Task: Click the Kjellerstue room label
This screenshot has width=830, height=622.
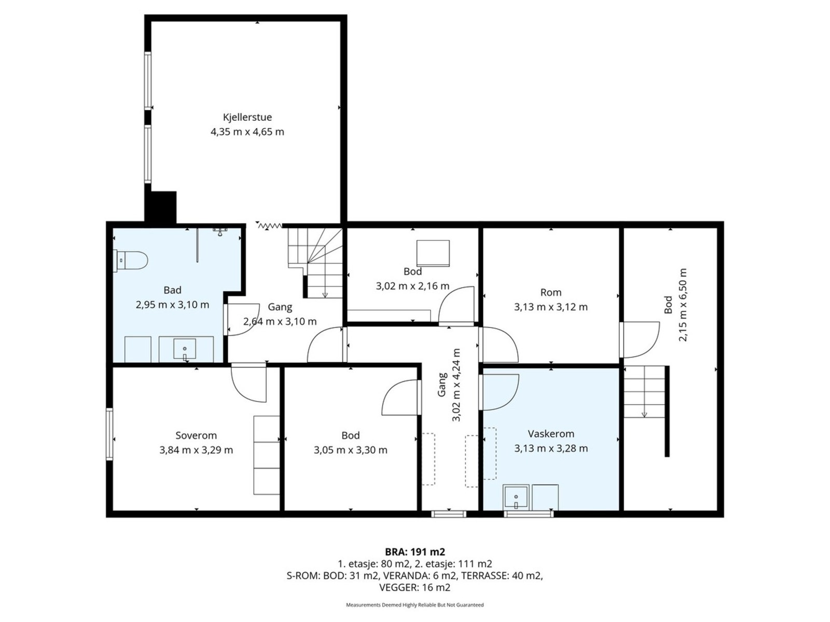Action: click(247, 117)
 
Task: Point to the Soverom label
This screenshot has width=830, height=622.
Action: click(196, 435)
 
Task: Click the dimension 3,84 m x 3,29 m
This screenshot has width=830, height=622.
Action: click(196, 450)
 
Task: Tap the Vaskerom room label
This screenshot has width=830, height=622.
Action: click(550, 433)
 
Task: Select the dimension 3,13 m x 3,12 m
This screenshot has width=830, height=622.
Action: click(550, 307)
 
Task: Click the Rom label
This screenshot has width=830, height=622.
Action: click(550, 292)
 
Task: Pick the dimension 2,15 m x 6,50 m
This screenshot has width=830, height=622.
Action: click(683, 305)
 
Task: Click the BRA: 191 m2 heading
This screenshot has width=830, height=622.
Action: click(415, 552)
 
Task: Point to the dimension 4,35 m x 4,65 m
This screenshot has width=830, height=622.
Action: click(247, 132)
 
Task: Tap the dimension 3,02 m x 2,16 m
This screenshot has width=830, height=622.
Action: click(412, 286)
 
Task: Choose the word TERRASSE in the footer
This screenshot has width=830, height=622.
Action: click(482, 575)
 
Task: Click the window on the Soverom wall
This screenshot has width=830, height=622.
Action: click(109, 434)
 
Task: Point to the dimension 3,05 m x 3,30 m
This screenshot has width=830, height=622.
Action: click(350, 450)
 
